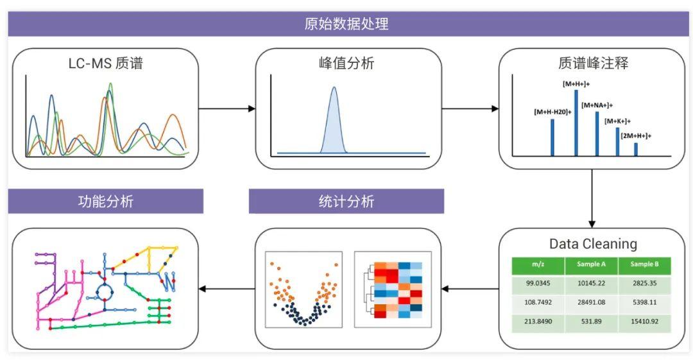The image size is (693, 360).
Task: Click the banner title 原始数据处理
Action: point(346,24)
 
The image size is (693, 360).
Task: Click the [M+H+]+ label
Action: point(576,84)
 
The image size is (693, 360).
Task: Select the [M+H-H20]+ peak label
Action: point(552,112)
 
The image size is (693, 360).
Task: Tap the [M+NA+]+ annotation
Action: point(597,105)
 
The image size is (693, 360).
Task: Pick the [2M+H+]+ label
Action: point(636,135)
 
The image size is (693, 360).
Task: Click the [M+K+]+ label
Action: point(617,121)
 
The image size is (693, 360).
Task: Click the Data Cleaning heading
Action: point(593,244)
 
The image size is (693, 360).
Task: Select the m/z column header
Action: point(538,264)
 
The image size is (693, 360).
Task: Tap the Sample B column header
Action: point(644,264)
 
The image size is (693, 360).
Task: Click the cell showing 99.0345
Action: point(538,284)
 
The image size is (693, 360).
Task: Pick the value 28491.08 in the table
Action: point(592,302)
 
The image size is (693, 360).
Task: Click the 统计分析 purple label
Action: point(346,201)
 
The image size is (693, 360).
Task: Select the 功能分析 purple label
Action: point(105,201)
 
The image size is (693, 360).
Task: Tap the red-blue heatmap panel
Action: point(393,290)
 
